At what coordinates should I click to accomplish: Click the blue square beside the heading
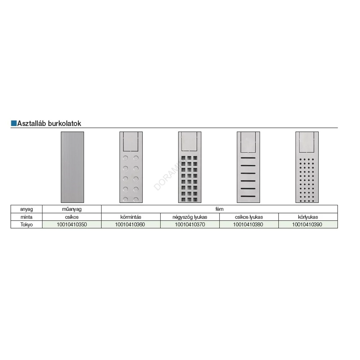point(14,123)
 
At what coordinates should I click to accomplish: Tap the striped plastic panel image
point(72,167)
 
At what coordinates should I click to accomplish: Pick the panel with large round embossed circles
point(131,167)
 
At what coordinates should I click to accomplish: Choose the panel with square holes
point(190,167)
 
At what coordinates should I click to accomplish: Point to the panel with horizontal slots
point(248,167)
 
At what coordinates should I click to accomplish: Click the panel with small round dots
point(307,167)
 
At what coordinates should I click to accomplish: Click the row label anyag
point(26,209)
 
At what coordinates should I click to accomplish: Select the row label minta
point(26,217)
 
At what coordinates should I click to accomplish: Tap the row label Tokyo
point(26,225)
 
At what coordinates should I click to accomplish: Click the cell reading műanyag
point(72,209)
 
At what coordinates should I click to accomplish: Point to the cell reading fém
point(220,209)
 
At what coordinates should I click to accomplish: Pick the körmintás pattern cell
point(131,217)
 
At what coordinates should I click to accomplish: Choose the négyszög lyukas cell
point(190,217)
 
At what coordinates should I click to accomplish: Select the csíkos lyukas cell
point(249,217)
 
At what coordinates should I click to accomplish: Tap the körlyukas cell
point(308,217)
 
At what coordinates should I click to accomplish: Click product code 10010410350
point(72,225)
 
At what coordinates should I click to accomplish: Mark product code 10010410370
point(190,225)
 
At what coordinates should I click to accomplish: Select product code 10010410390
point(307,225)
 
